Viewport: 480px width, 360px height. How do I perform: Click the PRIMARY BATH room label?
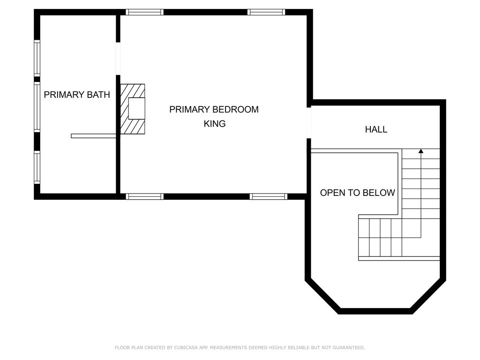[x=77, y=95]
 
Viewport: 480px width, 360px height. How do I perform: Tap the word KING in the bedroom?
[x=215, y=124]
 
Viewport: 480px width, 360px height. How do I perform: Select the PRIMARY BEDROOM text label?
[x=214, y=109]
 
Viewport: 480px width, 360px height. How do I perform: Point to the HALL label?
[x=376, y=129]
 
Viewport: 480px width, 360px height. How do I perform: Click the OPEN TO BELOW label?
[x=357, y=193]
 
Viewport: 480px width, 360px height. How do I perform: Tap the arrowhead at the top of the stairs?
[x=421, y=151]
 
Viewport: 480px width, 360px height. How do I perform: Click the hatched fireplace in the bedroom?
[x=133, y=109]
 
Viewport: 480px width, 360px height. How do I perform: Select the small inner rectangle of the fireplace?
[x=136, y=108]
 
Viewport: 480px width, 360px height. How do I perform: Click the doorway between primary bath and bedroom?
[x=118, y=59]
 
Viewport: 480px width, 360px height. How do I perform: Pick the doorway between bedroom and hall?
[x=309, y=123]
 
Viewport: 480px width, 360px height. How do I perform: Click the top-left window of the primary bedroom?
[x=144, y=12]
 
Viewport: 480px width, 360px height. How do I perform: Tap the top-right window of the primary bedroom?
[x=266, y=12]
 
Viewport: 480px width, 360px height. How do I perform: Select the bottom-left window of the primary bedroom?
[x=144, y=196]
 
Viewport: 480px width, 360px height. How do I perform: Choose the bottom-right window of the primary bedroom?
[x=269, y=196]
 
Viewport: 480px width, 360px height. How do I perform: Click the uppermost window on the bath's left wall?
[x=37, y=58]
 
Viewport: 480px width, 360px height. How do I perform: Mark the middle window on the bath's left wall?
[x=37, y=107]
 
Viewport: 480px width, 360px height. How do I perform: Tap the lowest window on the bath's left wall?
[x=37, y=167]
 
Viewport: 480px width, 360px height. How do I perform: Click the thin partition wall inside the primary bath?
[x=93, y=136]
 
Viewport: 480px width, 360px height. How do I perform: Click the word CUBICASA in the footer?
[x=186, y=347]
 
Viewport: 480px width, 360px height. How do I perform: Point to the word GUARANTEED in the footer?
[x=349, y=347]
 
